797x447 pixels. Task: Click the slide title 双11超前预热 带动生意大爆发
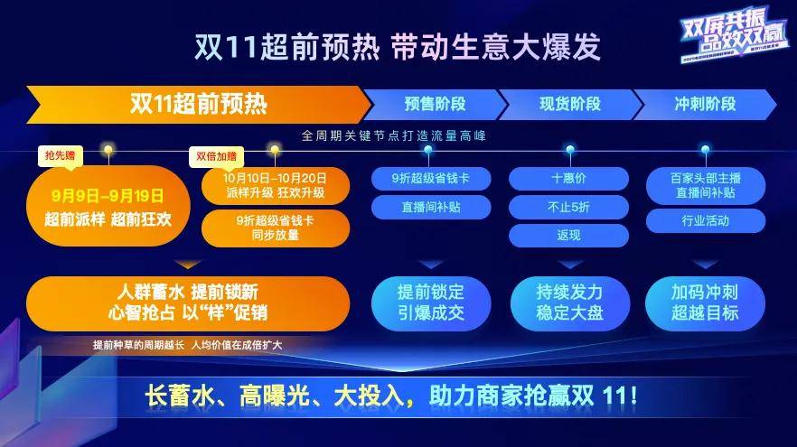(398, 46)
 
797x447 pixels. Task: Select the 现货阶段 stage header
(569, 104)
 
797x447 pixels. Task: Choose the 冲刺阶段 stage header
(705, 104)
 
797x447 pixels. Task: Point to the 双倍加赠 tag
(216, 155)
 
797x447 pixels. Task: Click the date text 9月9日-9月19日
(108, 193)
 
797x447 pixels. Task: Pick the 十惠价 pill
(568, 179)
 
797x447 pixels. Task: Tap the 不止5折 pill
(568, 207)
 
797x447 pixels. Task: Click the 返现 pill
(568, 235)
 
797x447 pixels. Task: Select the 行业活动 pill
(705, 219)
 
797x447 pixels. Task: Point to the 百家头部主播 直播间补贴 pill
(705, 185)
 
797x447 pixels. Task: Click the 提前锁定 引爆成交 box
(430, 303)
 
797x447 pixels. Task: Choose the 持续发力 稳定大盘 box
(568, 303)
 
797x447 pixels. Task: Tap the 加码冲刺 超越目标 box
(705, 303)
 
